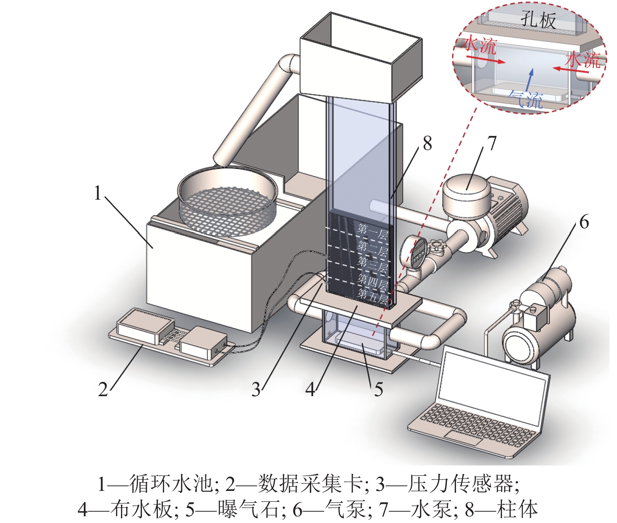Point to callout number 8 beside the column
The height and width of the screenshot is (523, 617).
coord(427,144)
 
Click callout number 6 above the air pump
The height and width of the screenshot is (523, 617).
coord(584,222)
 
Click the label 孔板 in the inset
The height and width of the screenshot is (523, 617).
coord(538,20)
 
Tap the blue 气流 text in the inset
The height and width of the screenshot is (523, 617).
coord(526,100)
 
